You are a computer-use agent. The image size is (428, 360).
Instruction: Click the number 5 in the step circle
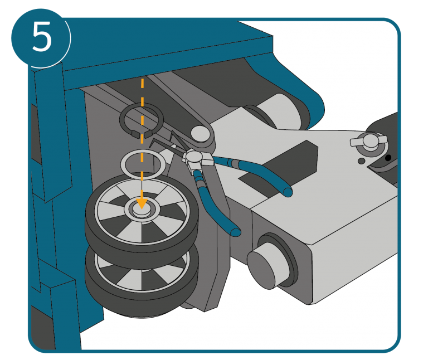(x=42, y=37)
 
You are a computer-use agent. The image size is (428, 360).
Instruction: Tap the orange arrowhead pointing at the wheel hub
(x=142, y=203)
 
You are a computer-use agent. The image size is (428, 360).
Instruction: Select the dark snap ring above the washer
(x=142, y=120)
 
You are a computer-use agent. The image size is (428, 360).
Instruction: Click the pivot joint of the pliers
(x=194, y=157)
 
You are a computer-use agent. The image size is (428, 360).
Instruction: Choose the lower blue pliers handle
(x=216, y=205)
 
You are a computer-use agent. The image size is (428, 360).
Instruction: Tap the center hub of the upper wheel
(x=142, y=210)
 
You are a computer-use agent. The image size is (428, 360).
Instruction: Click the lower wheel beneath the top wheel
(x=142, y=281)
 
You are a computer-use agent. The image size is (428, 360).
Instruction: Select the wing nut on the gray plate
(x=369, y=141)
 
